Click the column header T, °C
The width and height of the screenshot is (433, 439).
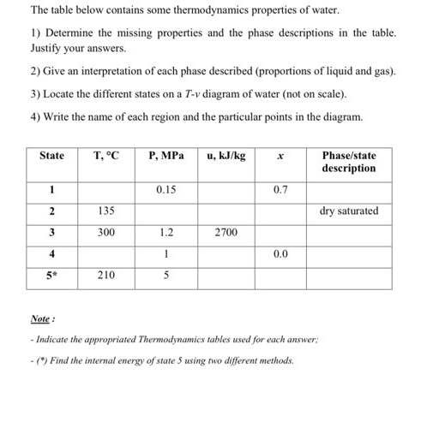(x=105, y=156)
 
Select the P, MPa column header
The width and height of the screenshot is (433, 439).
(x=165, y=156)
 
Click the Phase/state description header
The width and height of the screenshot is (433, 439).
(x=348, y=162)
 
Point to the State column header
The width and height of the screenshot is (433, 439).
(x=51, y=156)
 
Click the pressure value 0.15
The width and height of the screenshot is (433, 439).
(x=165, y=189)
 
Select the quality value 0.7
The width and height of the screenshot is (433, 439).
(x=280, y=189)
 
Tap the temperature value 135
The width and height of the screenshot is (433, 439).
(x=105, y=211)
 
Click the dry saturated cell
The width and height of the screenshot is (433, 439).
(x=348, y=211)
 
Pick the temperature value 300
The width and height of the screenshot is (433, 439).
(x=105, y=232)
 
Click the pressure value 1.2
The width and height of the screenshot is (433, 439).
(x=165, y=232)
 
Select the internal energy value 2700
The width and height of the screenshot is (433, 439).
(x=226, y=232)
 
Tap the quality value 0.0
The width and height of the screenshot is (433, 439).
(x=280, y=254)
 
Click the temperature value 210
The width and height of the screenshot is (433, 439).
(x=105, y=276)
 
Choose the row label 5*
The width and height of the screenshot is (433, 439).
(x=51, y=276)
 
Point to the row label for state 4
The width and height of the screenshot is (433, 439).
(x=51, y=254)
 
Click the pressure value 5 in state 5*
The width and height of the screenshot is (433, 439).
(x=165, y=276)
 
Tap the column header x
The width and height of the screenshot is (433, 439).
(x=280, y=156)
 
